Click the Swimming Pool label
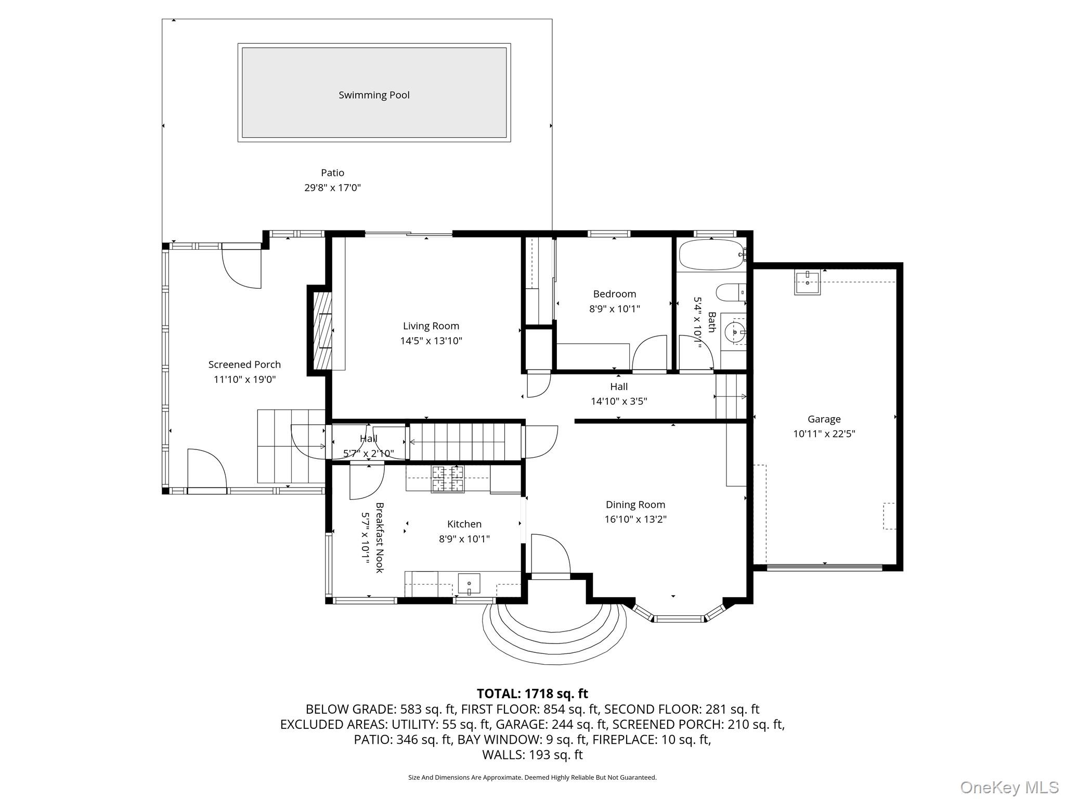(x=374, y=95)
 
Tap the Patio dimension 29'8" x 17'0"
(x=332, y=188)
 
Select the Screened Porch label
(x=244, y=365)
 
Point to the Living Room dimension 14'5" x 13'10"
(x=431, y=341)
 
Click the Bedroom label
(x=614, y=294)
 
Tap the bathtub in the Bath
(x=711, y=254)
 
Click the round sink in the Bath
(x=735, y=331)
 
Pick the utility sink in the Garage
(x=807, y=282)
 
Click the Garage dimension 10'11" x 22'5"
(x=824, y=434)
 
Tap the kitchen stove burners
(x=447, y=479)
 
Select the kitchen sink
(x=469, y=584)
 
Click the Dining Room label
(x=635, y=505)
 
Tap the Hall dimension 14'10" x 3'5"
(x=619, y=402)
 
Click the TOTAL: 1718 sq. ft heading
(x=532, y=693)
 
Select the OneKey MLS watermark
(x=1009, y=787)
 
